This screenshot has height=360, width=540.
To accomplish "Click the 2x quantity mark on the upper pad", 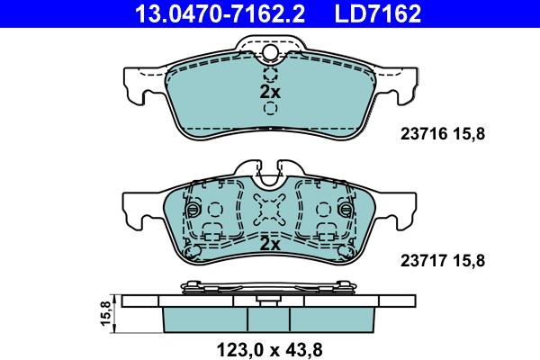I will click(x=270, y=92).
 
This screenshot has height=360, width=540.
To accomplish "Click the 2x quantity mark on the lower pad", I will click(x=270, y=244).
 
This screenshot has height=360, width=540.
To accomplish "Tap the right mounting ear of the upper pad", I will click(x=405, y=86).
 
